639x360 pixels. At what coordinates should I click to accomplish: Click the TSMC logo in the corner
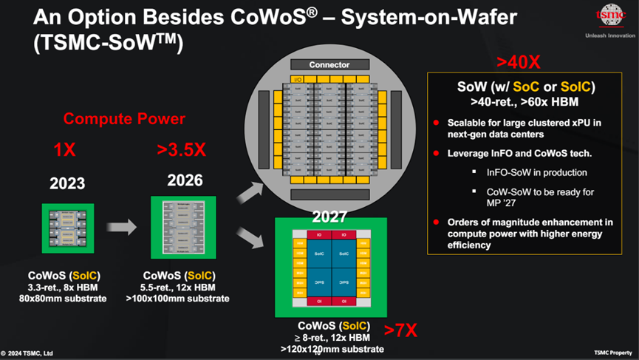pos(609,16)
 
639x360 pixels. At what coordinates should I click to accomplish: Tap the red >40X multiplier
pos(518,61)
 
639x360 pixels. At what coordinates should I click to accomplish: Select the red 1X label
pos(64,149)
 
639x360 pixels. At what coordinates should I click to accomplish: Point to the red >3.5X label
pos(181,149)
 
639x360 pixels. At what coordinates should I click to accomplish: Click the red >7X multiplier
pos(399,330)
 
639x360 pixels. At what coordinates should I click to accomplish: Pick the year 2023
pos(66,183)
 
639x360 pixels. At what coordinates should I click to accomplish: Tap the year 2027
pos(329,217)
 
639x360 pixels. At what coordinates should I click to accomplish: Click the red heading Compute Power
pos(124,118)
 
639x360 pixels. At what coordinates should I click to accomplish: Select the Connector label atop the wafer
pos(329,65)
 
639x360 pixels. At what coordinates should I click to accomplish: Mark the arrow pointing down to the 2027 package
pos(250,239)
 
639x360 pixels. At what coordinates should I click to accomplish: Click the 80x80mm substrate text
pos(63,299)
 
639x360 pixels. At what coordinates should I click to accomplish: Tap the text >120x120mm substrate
pos(332,348)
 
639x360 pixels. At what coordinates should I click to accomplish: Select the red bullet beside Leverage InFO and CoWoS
pos(437,153)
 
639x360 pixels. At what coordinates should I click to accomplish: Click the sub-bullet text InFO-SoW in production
pos(536,172)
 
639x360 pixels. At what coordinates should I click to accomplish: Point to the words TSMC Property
pos(613,353)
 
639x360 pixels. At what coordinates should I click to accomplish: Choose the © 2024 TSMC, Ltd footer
pos(27,353)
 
